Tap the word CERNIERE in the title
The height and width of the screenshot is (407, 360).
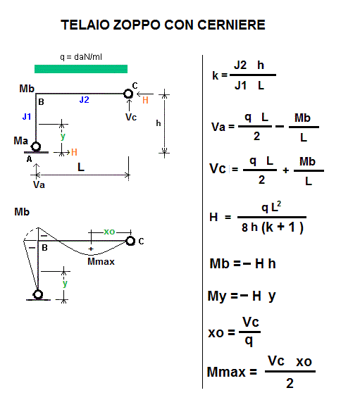coord(231,25)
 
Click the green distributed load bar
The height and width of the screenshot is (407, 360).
coord(81,69)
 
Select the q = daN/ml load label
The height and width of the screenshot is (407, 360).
coord(81,57)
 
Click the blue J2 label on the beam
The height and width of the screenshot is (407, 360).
coord(84,100)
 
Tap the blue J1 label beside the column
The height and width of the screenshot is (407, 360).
coord(27,117)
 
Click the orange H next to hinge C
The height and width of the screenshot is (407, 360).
coord(145,100)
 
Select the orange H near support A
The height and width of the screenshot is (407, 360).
coord(74,152)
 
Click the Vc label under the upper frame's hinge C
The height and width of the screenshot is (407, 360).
coord(131,117)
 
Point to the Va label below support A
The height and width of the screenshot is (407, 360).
coord(39,184)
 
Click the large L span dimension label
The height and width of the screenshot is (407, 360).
coord(81,167)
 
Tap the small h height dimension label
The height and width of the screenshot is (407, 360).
coord(159,123)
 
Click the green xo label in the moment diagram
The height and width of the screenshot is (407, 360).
coord(109,232)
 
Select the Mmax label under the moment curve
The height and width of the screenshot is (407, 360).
coord(101,261)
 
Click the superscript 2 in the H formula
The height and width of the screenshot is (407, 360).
coord(279,203)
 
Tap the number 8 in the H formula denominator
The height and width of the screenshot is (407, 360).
coord(244,227)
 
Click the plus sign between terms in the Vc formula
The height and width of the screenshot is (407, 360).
coord(286,170)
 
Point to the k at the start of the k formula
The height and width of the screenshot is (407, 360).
coord(216,75)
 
